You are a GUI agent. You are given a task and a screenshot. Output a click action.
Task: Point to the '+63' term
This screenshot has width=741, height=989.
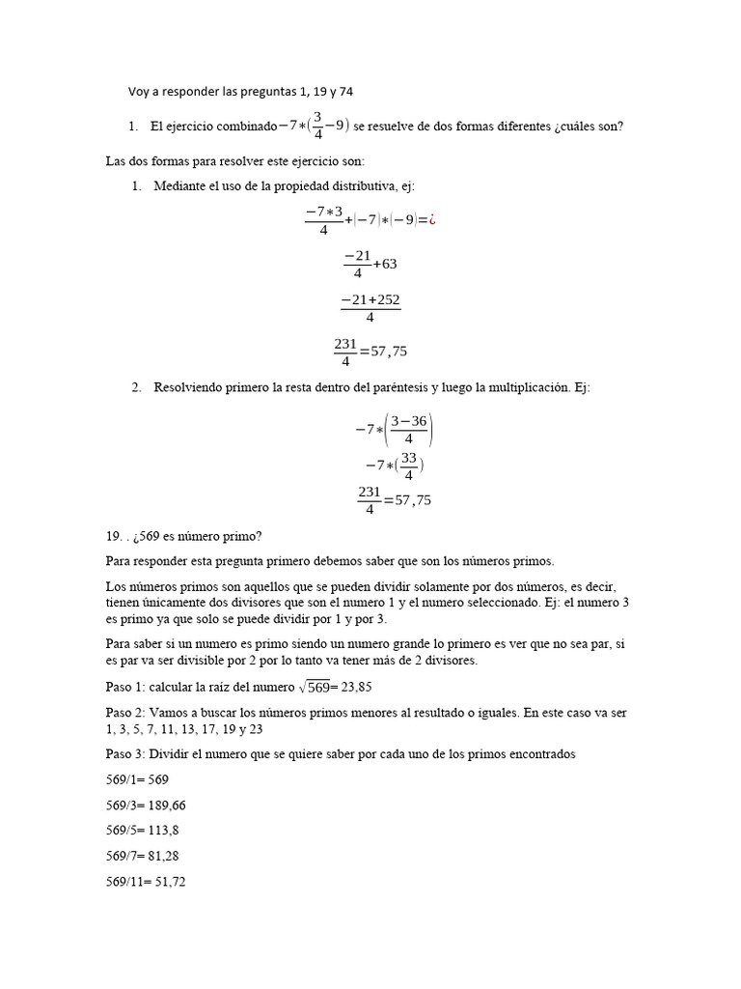[385, 264]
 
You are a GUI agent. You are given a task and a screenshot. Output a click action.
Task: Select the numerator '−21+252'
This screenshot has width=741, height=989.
[370, 301]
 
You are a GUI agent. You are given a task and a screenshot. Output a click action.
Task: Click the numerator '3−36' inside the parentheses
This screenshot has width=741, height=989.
[409, 420]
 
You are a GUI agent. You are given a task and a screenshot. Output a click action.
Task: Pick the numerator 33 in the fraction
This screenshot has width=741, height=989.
[409, 458]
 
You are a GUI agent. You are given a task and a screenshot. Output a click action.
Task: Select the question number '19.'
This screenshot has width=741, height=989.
[114, 537]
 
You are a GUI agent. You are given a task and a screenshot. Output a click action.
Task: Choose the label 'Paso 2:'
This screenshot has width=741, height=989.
[126, 713]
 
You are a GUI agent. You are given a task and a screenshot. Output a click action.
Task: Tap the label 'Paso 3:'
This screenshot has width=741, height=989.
[126, 754]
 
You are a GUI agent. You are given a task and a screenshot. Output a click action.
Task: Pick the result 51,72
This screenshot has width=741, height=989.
[165, 881]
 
